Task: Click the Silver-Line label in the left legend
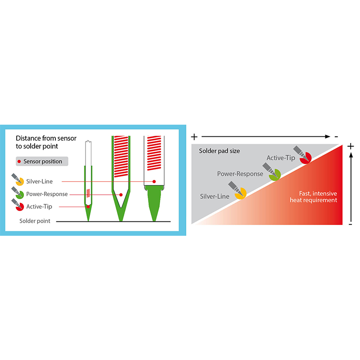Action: point(39,181)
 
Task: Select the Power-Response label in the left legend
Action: point(47,194)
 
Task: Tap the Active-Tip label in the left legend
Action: point(39,207)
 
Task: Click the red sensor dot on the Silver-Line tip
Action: point(154,181)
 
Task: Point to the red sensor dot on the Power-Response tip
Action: point(121,195)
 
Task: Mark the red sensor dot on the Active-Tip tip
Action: point(88,207)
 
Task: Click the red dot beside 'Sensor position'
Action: point(19,162)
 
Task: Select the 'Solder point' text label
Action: point(35,221)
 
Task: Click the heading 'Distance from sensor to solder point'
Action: point(46,142)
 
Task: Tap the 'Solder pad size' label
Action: point(219,151)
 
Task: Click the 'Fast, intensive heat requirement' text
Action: point(313,197)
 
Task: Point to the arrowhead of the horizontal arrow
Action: point(328,137)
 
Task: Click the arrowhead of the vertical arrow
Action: point(351,155)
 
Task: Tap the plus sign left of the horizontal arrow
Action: point(194,137)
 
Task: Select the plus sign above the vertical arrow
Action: point(351,146)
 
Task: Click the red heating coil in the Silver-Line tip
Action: point(154,153)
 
